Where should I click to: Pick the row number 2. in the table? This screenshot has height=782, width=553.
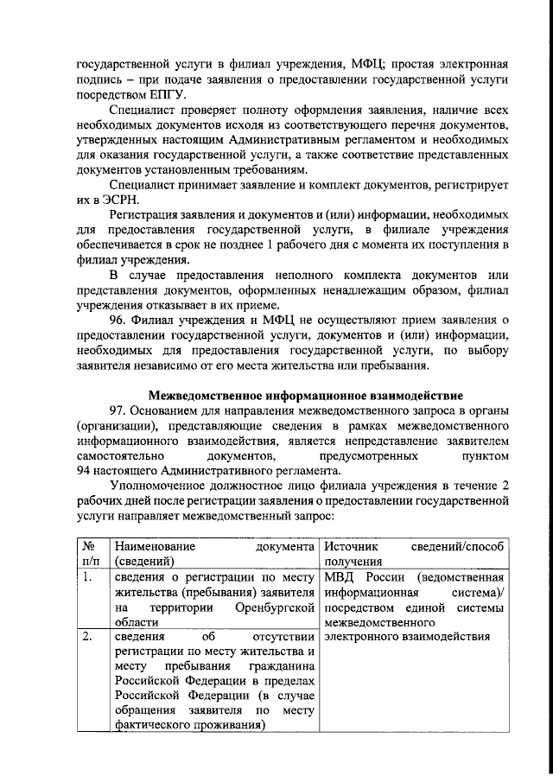pos(86,638)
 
